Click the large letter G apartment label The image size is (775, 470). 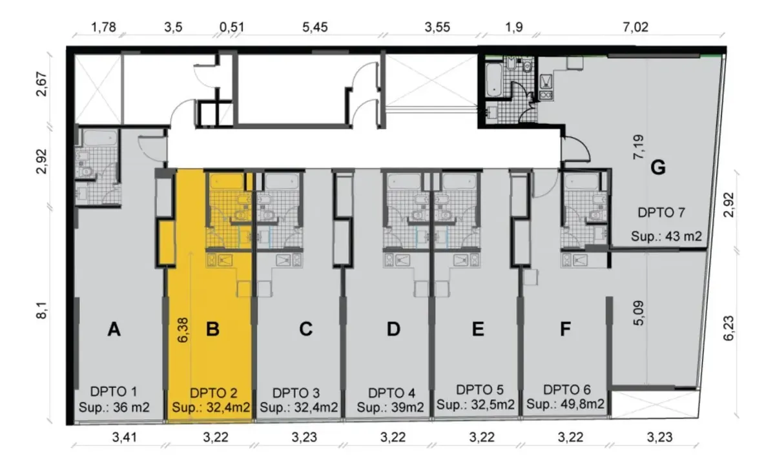657,168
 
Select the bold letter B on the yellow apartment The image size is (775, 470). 212,329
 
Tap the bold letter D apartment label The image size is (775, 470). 393,329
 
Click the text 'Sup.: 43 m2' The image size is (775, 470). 666,236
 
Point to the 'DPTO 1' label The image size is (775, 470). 114,391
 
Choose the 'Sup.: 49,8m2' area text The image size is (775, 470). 565,404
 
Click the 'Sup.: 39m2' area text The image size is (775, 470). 390,407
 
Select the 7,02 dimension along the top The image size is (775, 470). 635,27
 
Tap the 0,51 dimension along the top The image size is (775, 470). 232,27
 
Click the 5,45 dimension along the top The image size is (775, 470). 315,27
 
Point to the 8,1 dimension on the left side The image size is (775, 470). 42,311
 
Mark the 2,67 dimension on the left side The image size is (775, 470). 42,84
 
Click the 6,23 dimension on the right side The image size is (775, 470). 728,328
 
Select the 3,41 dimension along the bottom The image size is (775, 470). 125,437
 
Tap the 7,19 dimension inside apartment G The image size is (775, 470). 638,147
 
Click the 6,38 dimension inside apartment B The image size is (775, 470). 183,331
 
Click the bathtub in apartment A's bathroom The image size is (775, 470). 99,138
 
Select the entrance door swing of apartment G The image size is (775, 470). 575,148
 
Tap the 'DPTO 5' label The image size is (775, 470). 479,390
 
